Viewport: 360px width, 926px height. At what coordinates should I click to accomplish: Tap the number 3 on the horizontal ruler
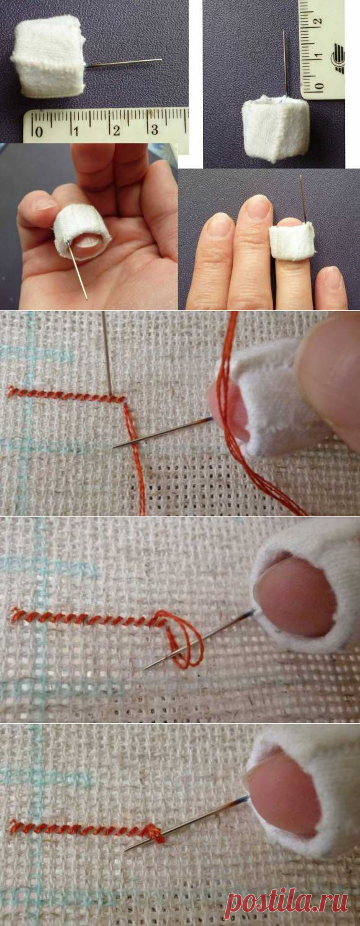pos(154,129)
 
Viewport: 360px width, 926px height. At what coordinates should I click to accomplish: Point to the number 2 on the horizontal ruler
pos(117,130)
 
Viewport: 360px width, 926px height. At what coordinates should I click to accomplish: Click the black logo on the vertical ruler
pos(337,59)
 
